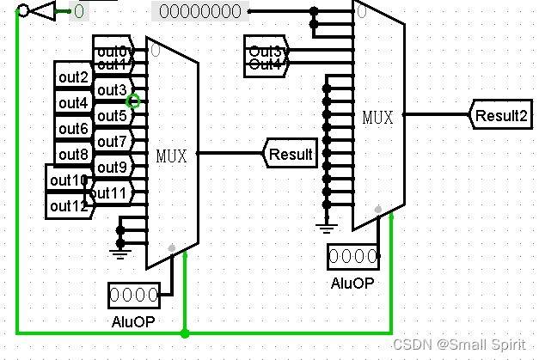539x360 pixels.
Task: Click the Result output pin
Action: click(290, 154)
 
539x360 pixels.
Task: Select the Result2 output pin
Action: click(500, 114)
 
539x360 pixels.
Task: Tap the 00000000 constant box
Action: click(200, 12)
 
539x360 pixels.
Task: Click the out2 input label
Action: click(74, 77)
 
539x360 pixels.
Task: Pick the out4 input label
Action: click(74, 103)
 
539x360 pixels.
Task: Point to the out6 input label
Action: click(74, 129)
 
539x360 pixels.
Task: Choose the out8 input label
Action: click(74, 155)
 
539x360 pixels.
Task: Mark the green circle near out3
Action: click(133, 101)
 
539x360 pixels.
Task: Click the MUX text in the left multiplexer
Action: click(172, 156)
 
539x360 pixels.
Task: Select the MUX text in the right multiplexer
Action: click(378, 116)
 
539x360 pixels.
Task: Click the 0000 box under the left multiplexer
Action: click(134, 296)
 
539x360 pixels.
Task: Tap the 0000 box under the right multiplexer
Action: click(352, 256)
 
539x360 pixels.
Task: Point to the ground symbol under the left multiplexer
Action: click(121, 252)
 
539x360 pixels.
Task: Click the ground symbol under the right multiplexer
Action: click(326, 226)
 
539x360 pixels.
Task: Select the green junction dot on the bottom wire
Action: click(186, 333)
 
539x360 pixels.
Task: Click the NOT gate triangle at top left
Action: click(43, 11)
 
